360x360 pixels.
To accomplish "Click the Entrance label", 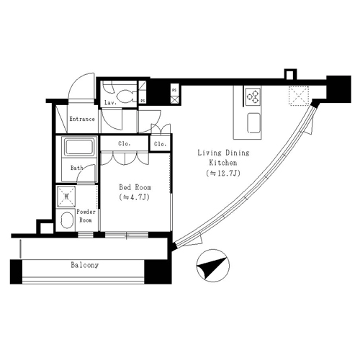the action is click(x=82, y=119).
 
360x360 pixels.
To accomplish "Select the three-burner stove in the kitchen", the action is click(x=253, y=96).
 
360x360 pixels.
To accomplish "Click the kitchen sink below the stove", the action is click(x=254, y=123).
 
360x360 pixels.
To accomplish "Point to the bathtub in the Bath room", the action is click(x=80, y=146).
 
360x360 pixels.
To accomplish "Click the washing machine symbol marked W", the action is click(x=66, y=197).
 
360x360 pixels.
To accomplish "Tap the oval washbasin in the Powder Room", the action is click(x=67, y=220).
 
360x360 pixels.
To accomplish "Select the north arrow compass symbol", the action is click(x=213, y=266).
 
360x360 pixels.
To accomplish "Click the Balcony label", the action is click(x=85, y=265).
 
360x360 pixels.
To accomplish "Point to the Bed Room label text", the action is click(x=135, y=187).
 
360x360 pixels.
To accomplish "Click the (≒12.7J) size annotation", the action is click(x=223, y=173).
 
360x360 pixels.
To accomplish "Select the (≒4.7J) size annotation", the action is click(x=135, y=197).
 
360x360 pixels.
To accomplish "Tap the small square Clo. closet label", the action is click(x=160, y=144).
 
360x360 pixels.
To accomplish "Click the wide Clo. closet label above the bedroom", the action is click(x=125, y=144).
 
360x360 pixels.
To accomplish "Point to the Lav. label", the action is click(x=110, y=103).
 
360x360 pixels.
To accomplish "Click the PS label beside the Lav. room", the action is click(x=143, y=101).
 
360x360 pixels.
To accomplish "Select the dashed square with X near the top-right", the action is click(x=299, y=96).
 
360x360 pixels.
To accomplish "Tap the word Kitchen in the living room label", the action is click(x=223, y=163).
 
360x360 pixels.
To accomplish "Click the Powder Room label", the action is click(x=86, y=216).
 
